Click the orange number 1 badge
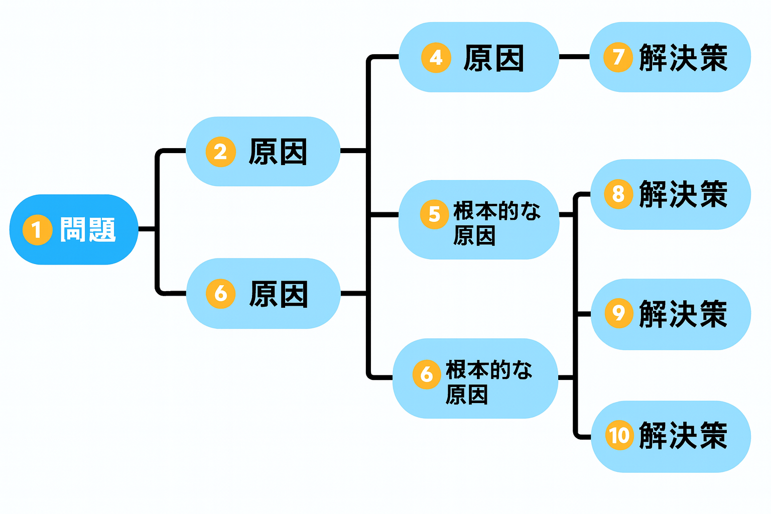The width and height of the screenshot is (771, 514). click(37, 230)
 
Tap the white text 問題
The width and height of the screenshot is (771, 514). click(88, 230)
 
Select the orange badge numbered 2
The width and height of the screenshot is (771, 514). click(220, 152)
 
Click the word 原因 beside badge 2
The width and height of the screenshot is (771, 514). click(278, 152)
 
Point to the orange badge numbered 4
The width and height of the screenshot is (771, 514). click(436, 58)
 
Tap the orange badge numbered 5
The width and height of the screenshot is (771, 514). click(434, 214)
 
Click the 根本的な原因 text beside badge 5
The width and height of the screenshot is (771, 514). click(496, 223)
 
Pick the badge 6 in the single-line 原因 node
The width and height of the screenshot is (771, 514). click(220, 294)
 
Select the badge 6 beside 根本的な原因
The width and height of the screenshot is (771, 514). click(427, 374)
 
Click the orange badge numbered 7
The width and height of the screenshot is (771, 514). click(618, 57)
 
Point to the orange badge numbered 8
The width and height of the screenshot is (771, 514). click(618, 194)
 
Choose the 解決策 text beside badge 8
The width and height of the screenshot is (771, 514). click(683, 194)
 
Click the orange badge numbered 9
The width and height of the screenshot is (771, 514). click(618, 313)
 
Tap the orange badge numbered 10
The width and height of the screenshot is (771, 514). click(619, 435)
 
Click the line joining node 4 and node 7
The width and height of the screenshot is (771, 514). click(574, 57)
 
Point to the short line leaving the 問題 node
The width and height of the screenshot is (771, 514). click(147, 229)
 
